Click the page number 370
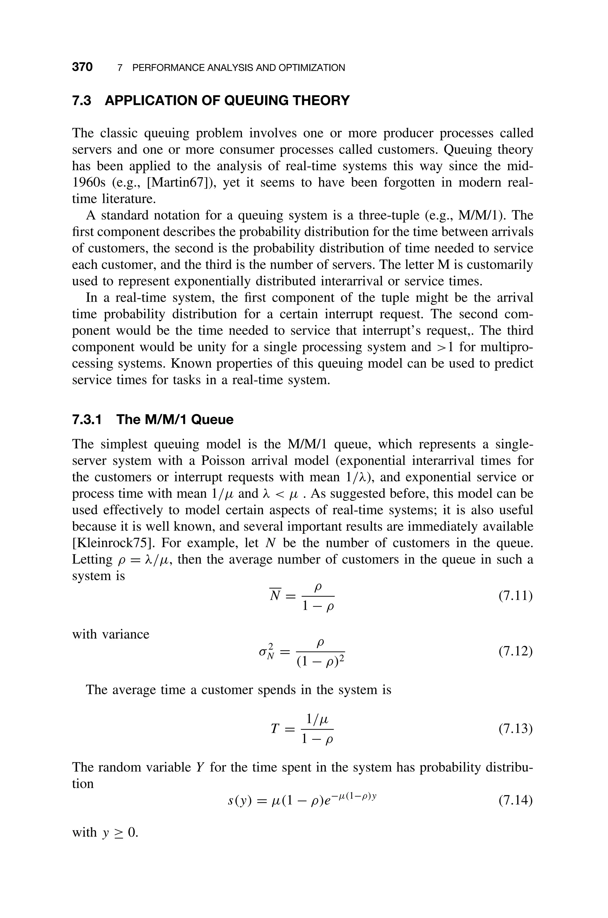point(82,67)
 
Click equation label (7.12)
point(515,651)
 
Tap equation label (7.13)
point(515,729)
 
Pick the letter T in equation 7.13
point(275,729)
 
